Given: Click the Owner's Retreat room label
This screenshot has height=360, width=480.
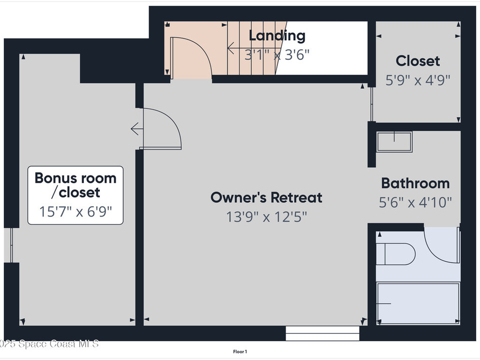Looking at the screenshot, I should (x=266, y=197).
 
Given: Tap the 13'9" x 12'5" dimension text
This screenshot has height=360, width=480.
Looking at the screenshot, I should (x=266, y=217).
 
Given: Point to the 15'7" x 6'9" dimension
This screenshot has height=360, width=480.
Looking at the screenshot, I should (x=75, y=211).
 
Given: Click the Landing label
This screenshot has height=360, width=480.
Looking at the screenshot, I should (x=277, y=35).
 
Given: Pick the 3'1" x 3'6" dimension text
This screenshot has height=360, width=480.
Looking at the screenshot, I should (x=277, y=54).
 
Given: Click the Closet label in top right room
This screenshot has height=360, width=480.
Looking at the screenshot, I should (x=418, y=61).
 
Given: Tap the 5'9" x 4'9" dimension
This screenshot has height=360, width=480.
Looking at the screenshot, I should (x=418, y=80).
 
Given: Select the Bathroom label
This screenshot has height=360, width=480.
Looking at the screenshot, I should (x=415, y=183).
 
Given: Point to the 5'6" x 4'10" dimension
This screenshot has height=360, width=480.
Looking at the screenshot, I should (x=415, y=202).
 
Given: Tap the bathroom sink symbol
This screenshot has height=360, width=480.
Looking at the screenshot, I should (x=394, y=142).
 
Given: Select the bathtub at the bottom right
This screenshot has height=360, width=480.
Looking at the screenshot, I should (x=418, y=303).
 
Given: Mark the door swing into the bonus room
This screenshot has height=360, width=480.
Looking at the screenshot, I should (x=162, y=129).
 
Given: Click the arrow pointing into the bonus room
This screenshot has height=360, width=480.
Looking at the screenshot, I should (x=135, y=128).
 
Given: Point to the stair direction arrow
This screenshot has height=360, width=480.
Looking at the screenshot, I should (x=231, y=47).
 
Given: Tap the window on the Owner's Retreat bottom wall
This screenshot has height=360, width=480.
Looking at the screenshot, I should (x=322, y=334).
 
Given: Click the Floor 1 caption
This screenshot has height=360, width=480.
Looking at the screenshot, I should (x=240, y=352).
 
